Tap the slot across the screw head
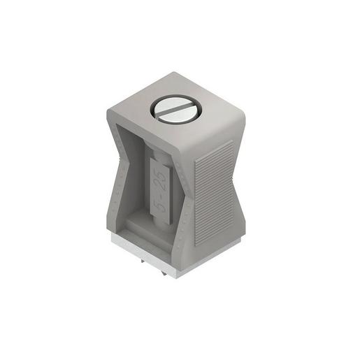click(176, 110)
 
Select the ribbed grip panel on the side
click(215, 193)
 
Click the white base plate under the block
click(175, 257)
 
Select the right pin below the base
click(164, 273)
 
